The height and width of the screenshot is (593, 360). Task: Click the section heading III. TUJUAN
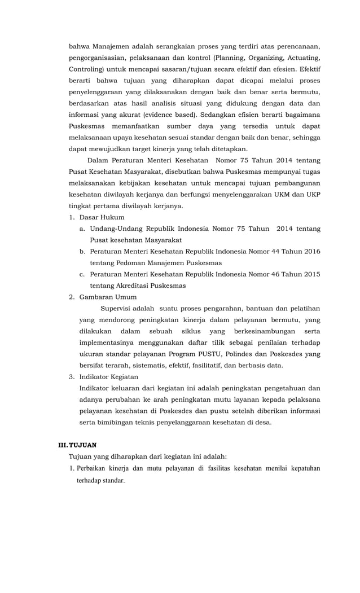point(78,445)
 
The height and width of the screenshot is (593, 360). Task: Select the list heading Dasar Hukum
point(102,217)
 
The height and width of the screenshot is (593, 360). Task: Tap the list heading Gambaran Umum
point(108,297)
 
